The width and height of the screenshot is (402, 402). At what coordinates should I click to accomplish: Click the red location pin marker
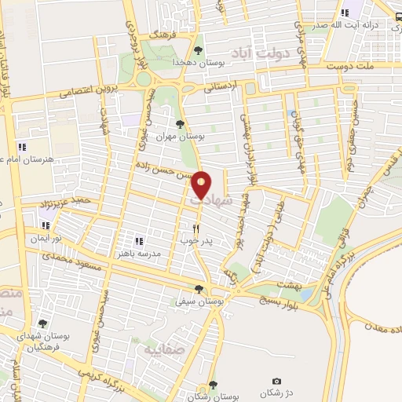202,185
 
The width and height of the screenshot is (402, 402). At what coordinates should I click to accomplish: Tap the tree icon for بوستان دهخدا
197,50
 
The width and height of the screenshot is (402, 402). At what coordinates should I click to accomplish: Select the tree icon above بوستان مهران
180,123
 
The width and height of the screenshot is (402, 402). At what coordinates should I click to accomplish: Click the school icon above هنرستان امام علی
22,146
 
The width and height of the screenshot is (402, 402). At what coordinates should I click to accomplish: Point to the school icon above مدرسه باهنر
138,241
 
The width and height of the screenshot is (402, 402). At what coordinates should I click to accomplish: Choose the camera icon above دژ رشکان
276,381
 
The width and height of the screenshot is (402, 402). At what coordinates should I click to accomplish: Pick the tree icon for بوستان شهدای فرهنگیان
42,323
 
